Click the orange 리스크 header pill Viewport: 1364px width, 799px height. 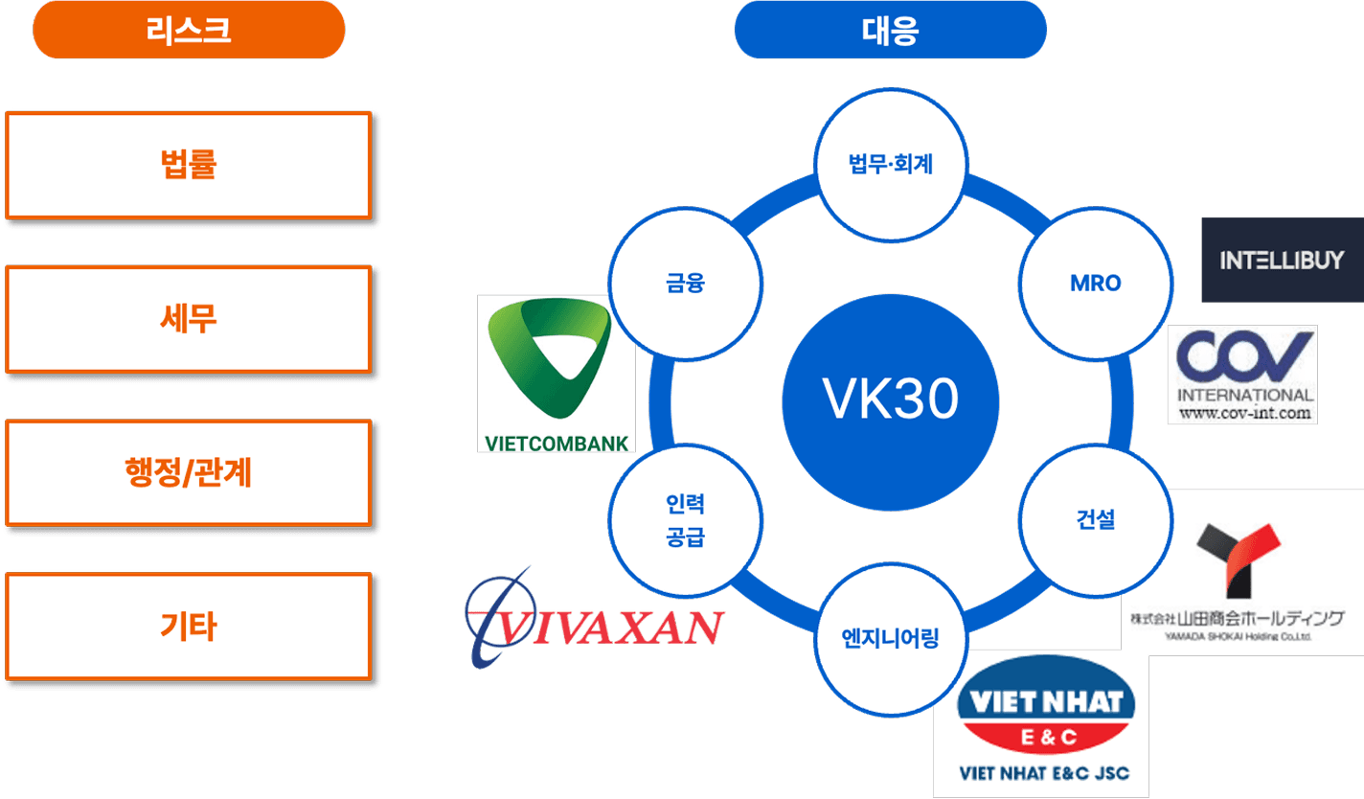[189, 30]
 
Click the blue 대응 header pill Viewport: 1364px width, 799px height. [890, 30]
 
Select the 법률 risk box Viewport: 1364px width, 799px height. [188, 165]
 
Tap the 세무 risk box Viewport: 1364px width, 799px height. [188, 318]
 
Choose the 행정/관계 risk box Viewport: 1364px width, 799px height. [188, 471]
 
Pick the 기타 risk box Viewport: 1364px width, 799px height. [188, 626]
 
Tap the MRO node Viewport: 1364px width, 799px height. [1096, 284]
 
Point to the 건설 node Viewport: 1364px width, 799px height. [1096, 520]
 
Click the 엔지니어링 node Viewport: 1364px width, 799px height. [890, 637]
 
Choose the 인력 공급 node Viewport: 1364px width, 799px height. [685, 520]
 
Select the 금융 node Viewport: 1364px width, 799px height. [685, 284]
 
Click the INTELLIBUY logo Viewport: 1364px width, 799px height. [1282, 260]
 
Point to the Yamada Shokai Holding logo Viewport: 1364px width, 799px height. [1242, 573]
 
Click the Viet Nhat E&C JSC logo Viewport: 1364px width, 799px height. [1041, 723]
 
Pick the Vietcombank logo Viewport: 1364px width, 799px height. [556, 374]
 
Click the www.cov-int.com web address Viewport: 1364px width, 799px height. [1243, 414]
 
